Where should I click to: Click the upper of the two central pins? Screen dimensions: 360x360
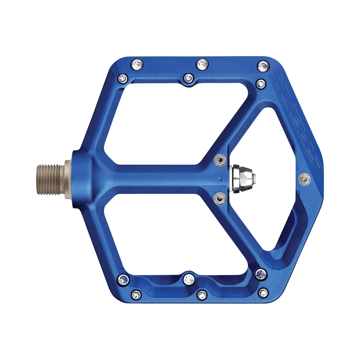[219, 160]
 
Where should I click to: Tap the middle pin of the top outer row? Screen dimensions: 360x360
[202, 64]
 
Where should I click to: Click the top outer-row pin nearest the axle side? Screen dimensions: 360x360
[137, 64]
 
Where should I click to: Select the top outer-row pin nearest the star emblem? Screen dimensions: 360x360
[263, 66]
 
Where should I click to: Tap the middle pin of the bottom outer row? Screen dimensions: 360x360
[202, 295]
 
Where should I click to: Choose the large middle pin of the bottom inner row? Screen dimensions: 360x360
[189, 279]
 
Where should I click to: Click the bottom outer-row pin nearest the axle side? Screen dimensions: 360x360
[136, 294]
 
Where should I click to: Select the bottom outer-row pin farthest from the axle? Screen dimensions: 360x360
[263, 293]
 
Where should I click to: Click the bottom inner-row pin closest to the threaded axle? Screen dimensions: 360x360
[123, 279]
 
